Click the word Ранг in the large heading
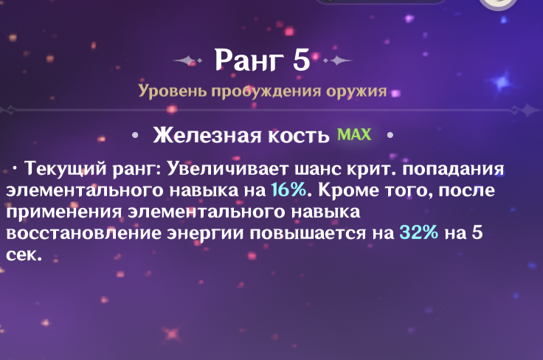248,60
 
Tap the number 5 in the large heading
301,60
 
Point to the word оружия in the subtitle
356,91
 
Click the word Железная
207,135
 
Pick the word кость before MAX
299,135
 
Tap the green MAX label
354,134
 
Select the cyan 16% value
288,190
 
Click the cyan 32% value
418,232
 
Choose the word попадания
453,169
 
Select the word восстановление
84,232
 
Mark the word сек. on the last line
24,255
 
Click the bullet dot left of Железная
135,136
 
